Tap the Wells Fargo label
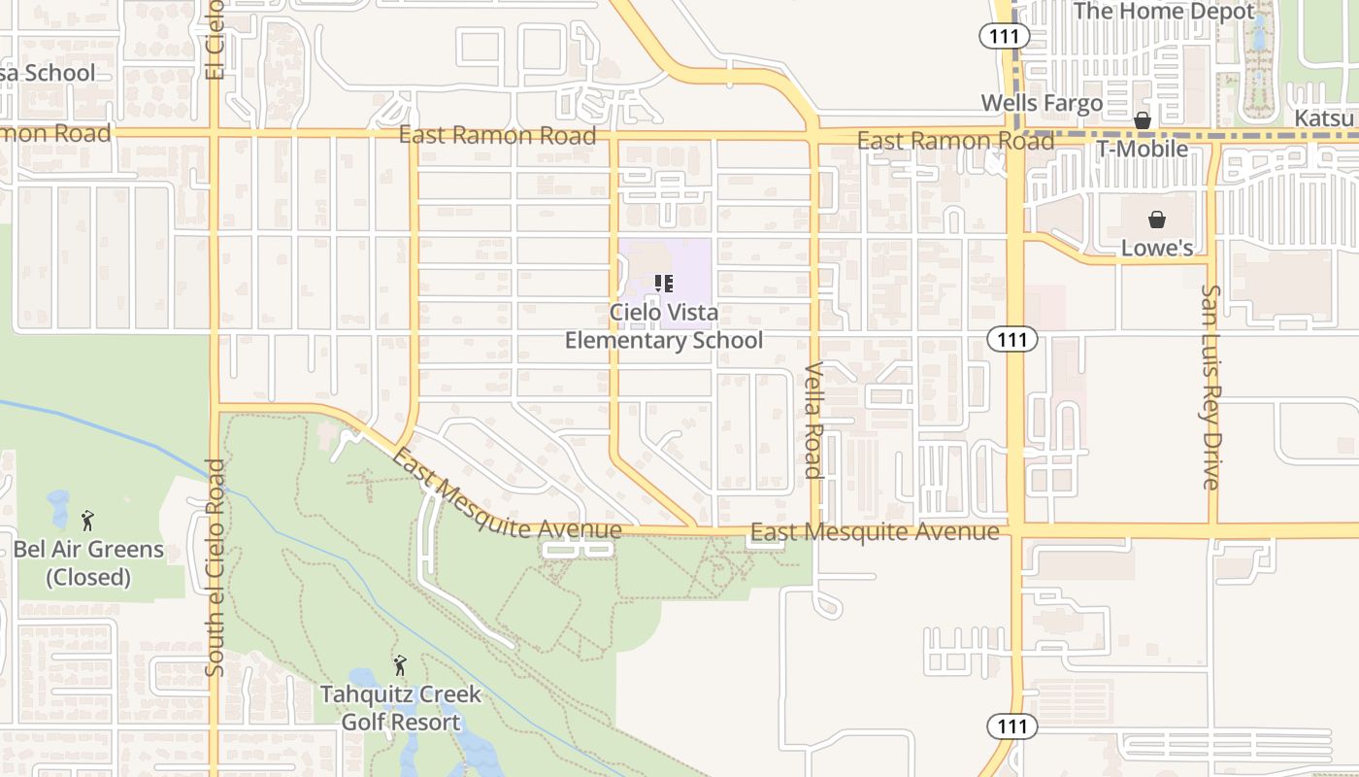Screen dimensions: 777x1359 coord(1042,103)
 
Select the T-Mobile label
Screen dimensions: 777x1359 coord(1142,149)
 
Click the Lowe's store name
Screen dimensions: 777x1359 coord(1157,248)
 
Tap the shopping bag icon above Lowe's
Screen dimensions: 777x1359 coord(1156,220)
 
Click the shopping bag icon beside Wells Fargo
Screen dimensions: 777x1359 coord(1143,120)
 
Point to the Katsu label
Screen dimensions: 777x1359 coord(1324,118)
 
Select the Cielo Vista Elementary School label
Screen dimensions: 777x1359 coord(664,326)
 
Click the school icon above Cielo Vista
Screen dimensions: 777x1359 coord(664,284)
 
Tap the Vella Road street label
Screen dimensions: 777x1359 coord(814,421)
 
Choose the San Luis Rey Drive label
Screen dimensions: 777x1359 coord(1210,387)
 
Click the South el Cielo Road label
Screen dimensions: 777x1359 coord(215,567)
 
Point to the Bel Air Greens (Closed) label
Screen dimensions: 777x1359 coord(88,563)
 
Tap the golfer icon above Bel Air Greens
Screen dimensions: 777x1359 coord(87,521)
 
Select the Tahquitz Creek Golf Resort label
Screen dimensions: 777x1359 coord(401,708)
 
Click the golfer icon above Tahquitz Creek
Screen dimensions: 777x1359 coord(399,665)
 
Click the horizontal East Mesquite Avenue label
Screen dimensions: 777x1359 coord(875,532)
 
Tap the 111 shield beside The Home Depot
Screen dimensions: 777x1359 coord(997,36)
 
